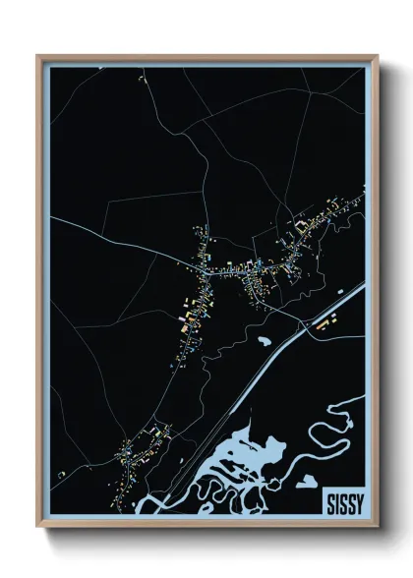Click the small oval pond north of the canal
tap(265, 341)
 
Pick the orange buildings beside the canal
tap(325, 320)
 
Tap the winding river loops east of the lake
tap(329, 433)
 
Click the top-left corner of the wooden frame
tap(38, 56)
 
